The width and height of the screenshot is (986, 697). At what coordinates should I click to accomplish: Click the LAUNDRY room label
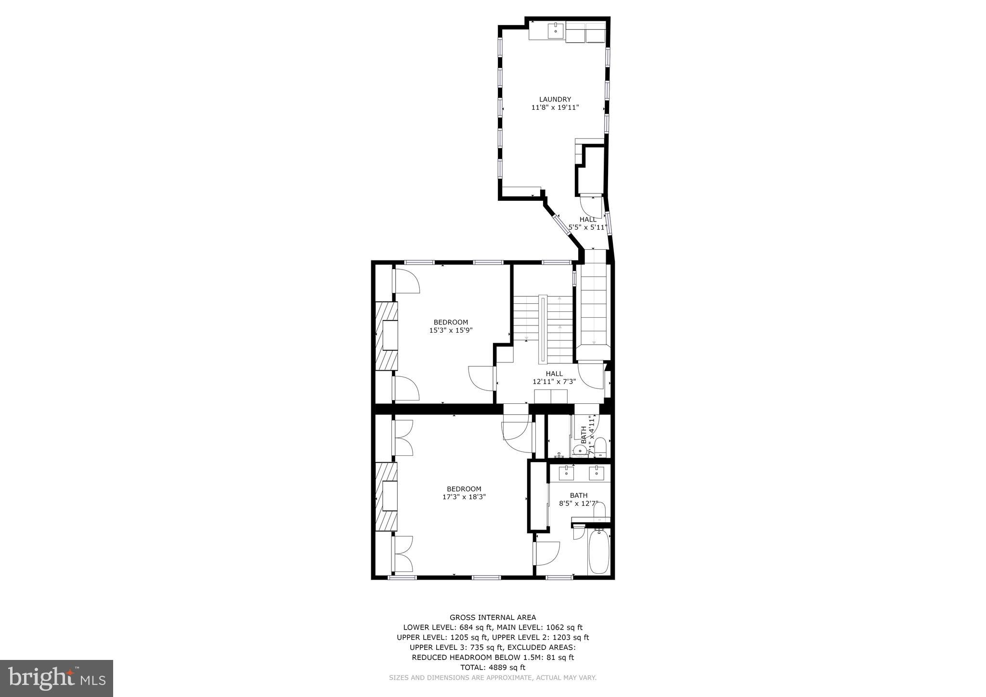(555, 100)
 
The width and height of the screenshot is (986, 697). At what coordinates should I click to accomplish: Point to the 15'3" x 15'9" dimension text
(451, 330)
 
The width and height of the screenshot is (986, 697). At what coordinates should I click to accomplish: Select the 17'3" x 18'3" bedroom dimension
(464, 497)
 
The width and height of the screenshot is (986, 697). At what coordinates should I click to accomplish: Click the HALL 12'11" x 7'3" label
(554, 377)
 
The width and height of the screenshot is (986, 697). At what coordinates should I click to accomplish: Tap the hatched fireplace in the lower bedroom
(387, 496)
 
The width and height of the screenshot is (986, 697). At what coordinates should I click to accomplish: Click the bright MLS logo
(56, 678)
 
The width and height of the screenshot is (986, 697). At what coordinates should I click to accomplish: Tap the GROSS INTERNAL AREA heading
(493, 617)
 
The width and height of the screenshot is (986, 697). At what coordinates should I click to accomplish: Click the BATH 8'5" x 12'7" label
(579, 499)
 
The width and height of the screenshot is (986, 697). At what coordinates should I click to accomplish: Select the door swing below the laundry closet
(591, 206)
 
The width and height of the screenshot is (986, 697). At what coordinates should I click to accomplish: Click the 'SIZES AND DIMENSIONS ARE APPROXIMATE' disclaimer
(493, 677)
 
